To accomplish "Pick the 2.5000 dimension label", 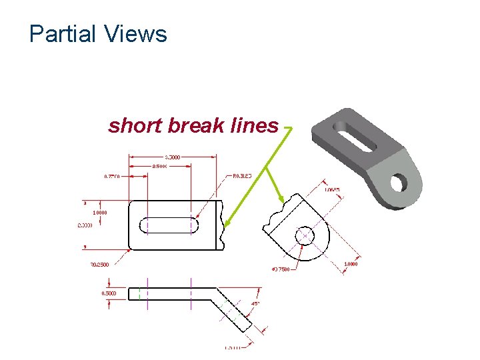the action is pos(160,165).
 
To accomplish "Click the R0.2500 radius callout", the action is pos(99,264).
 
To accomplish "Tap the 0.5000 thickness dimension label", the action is pos(108,293).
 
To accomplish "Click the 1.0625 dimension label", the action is pos(332,189).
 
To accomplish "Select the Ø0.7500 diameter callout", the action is pos(281,269).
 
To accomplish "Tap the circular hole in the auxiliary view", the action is pos(305,235).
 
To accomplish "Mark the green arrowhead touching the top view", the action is pos(225,225).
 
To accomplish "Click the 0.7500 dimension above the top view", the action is pos(112,176).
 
